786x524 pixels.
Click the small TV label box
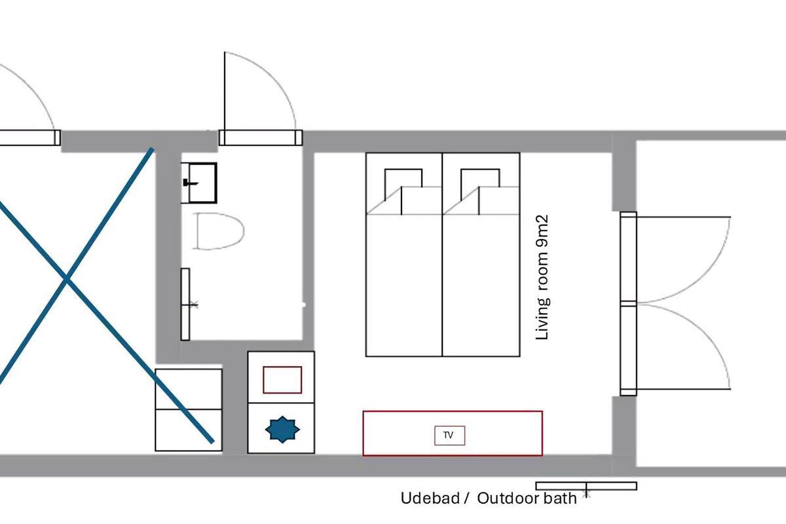pos(449,435)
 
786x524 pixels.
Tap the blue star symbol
pos(282,429)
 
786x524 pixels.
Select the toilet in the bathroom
pos(218,231)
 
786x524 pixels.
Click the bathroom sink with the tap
pos(199,183)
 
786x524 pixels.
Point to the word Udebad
pos(430,498)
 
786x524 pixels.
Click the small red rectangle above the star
pos(282,380)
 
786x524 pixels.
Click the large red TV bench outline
pos(453,412)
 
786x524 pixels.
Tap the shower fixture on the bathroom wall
pos(186,305)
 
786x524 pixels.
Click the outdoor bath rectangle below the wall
pos(586,486)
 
